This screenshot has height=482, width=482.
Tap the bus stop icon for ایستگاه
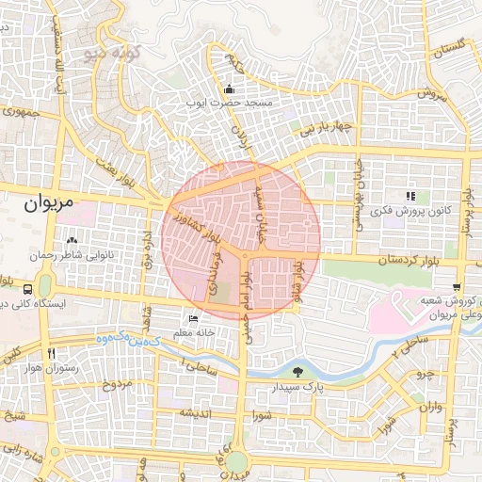(x=29, y=289)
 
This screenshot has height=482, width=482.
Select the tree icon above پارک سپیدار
(x=298, y=371)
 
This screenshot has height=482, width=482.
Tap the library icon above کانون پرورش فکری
(x=410, y=196)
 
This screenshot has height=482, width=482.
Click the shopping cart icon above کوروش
(x=457, y=287)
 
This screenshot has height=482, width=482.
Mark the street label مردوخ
(x=115, y=384)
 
